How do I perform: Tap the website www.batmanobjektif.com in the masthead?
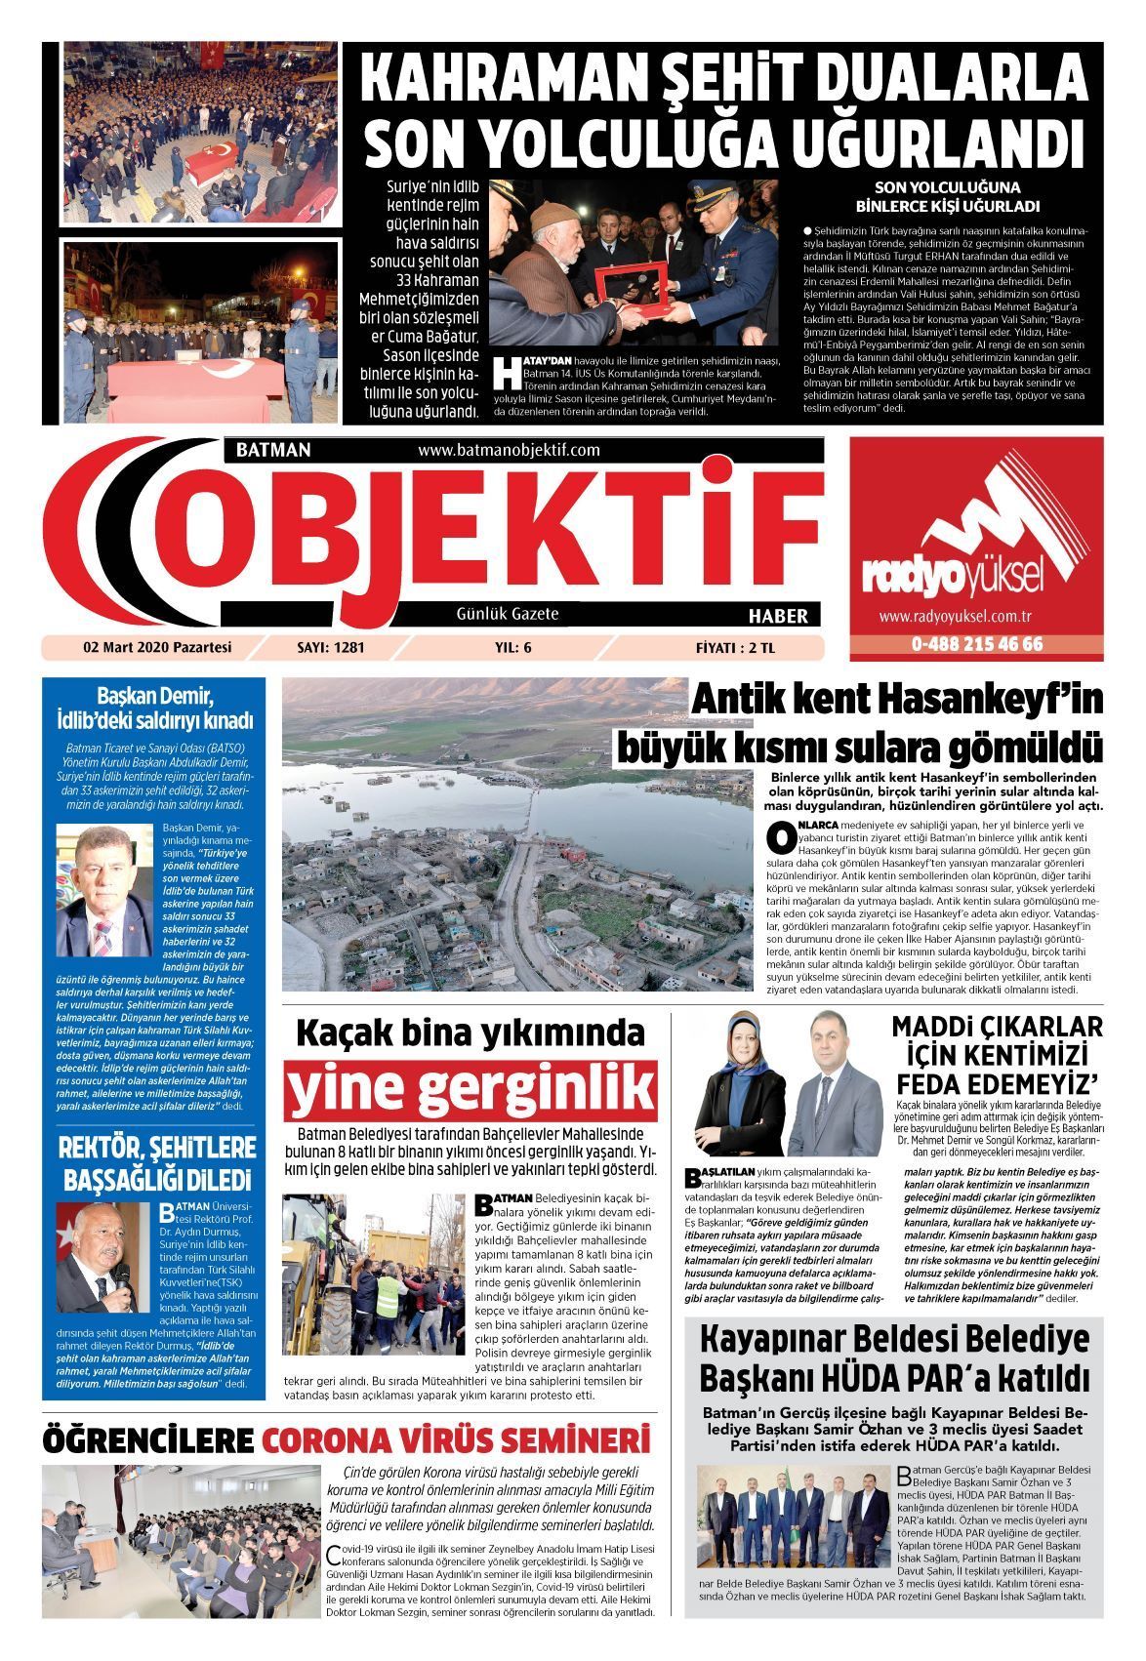508,450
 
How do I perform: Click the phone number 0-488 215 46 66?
977,644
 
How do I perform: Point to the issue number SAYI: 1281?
330,647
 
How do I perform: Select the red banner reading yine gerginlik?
471,1089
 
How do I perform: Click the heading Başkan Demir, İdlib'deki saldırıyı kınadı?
155,709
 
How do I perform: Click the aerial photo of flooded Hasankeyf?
522,835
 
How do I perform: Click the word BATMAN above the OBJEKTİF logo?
273,450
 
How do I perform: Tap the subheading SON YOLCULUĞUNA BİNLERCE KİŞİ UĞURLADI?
947,196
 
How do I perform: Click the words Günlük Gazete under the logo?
508,614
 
